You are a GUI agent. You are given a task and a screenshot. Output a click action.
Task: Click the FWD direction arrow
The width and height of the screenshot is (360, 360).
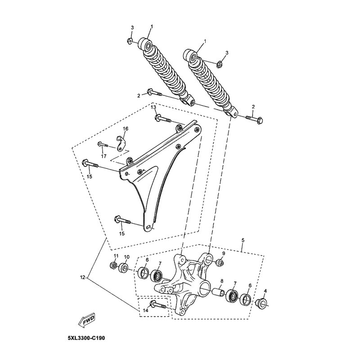click(86, 320)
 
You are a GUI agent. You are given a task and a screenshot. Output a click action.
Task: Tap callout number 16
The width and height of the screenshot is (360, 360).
click(126, 128)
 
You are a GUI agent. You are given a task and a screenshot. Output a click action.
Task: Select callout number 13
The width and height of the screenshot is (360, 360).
click(153, 107)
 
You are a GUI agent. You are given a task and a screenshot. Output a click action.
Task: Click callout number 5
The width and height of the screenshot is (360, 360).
click(243, 240)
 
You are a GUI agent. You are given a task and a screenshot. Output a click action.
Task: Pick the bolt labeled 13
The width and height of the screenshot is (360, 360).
click(163, 119)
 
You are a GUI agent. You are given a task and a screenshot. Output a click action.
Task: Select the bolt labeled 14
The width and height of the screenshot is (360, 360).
click(158, 305)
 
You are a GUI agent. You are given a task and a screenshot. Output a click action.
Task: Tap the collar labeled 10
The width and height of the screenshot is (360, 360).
click(124, 267)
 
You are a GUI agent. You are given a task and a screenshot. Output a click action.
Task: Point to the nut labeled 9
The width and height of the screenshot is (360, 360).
click(220, 263)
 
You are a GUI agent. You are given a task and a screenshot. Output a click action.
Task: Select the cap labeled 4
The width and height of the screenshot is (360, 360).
click(261, 303)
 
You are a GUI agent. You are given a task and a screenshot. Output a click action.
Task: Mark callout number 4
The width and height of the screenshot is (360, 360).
click(265, 291)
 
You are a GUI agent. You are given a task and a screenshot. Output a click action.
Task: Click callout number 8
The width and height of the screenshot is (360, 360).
click(222, 280)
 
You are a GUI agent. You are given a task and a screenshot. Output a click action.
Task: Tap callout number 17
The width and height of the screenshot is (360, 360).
click(104, 156)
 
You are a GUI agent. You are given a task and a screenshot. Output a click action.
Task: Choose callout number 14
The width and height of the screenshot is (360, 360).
click(146, 310)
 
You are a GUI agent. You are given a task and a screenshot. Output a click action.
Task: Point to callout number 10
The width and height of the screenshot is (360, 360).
click(127, 256)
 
